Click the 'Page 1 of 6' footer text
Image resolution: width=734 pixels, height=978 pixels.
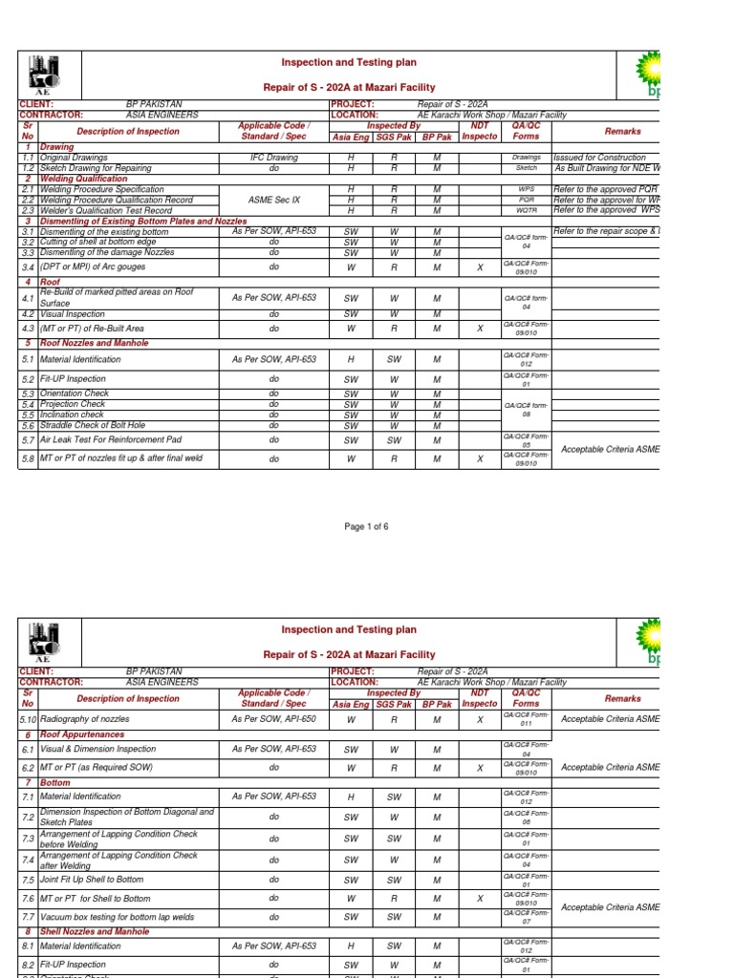click(x=366, y=527)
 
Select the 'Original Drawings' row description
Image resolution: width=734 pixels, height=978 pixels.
click(x=74, y=158)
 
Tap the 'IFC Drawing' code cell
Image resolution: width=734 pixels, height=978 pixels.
click(x=273, y=158)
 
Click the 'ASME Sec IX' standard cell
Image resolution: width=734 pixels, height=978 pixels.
click(x=273, y=200)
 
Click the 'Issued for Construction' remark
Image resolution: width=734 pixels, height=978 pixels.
click(x=599, y=158)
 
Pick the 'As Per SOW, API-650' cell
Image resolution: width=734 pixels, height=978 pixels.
click(x=273, y=717)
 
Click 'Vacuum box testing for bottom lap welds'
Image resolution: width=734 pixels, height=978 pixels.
click(x=117, y=917)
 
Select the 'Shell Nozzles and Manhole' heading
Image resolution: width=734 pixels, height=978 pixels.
click(x=95, y=931)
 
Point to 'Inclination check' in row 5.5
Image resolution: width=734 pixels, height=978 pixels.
click(x=73, y=415)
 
